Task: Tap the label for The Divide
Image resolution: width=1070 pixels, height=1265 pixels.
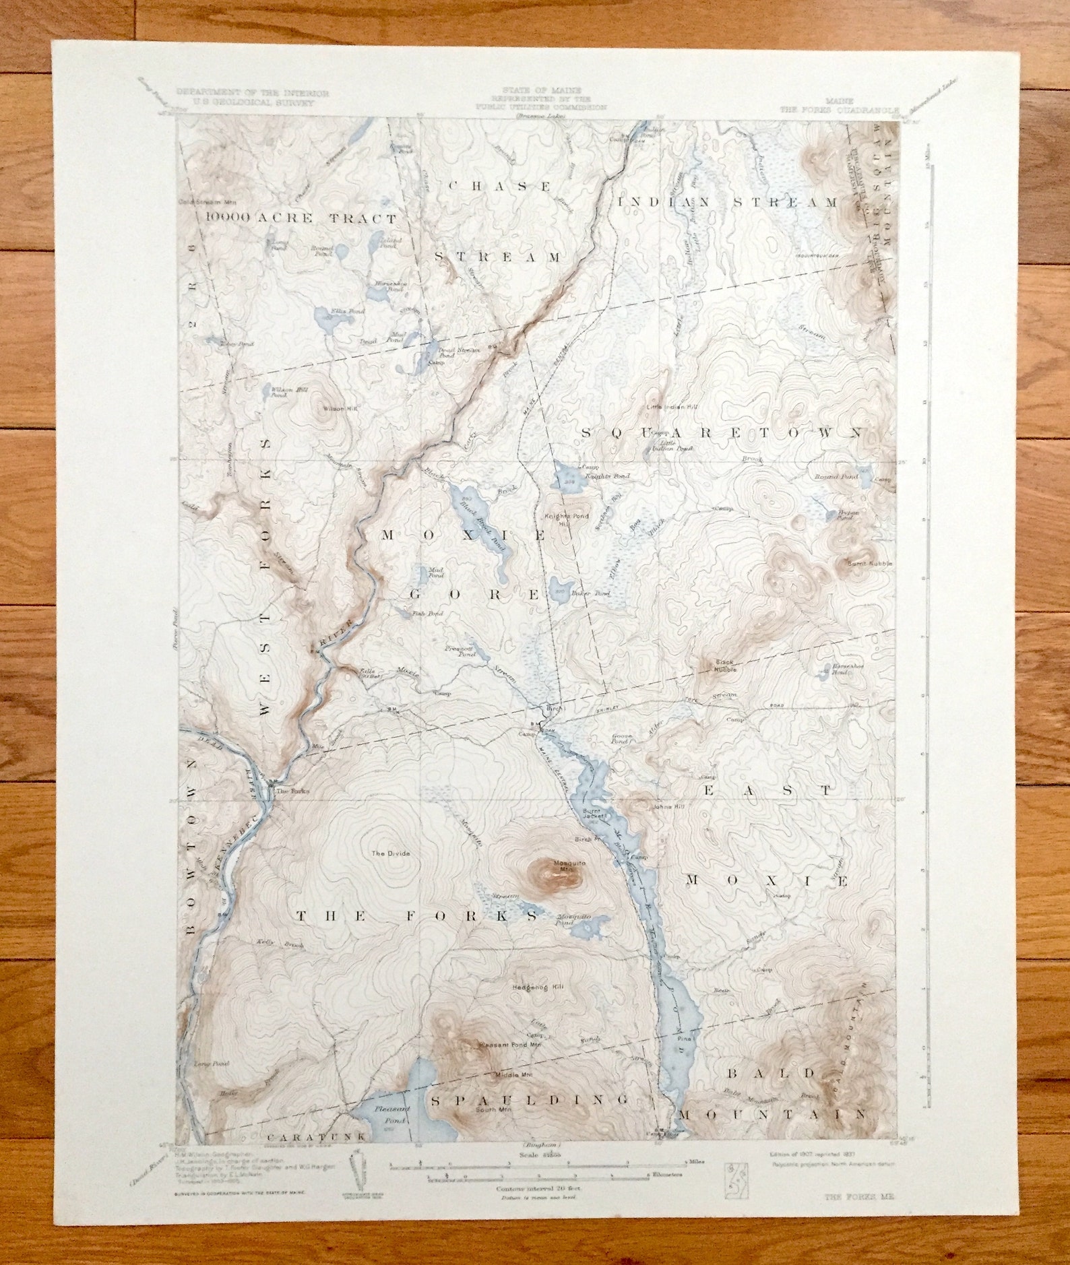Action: [391, 853]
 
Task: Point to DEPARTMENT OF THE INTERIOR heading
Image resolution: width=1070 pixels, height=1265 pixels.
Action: [253, 92]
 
